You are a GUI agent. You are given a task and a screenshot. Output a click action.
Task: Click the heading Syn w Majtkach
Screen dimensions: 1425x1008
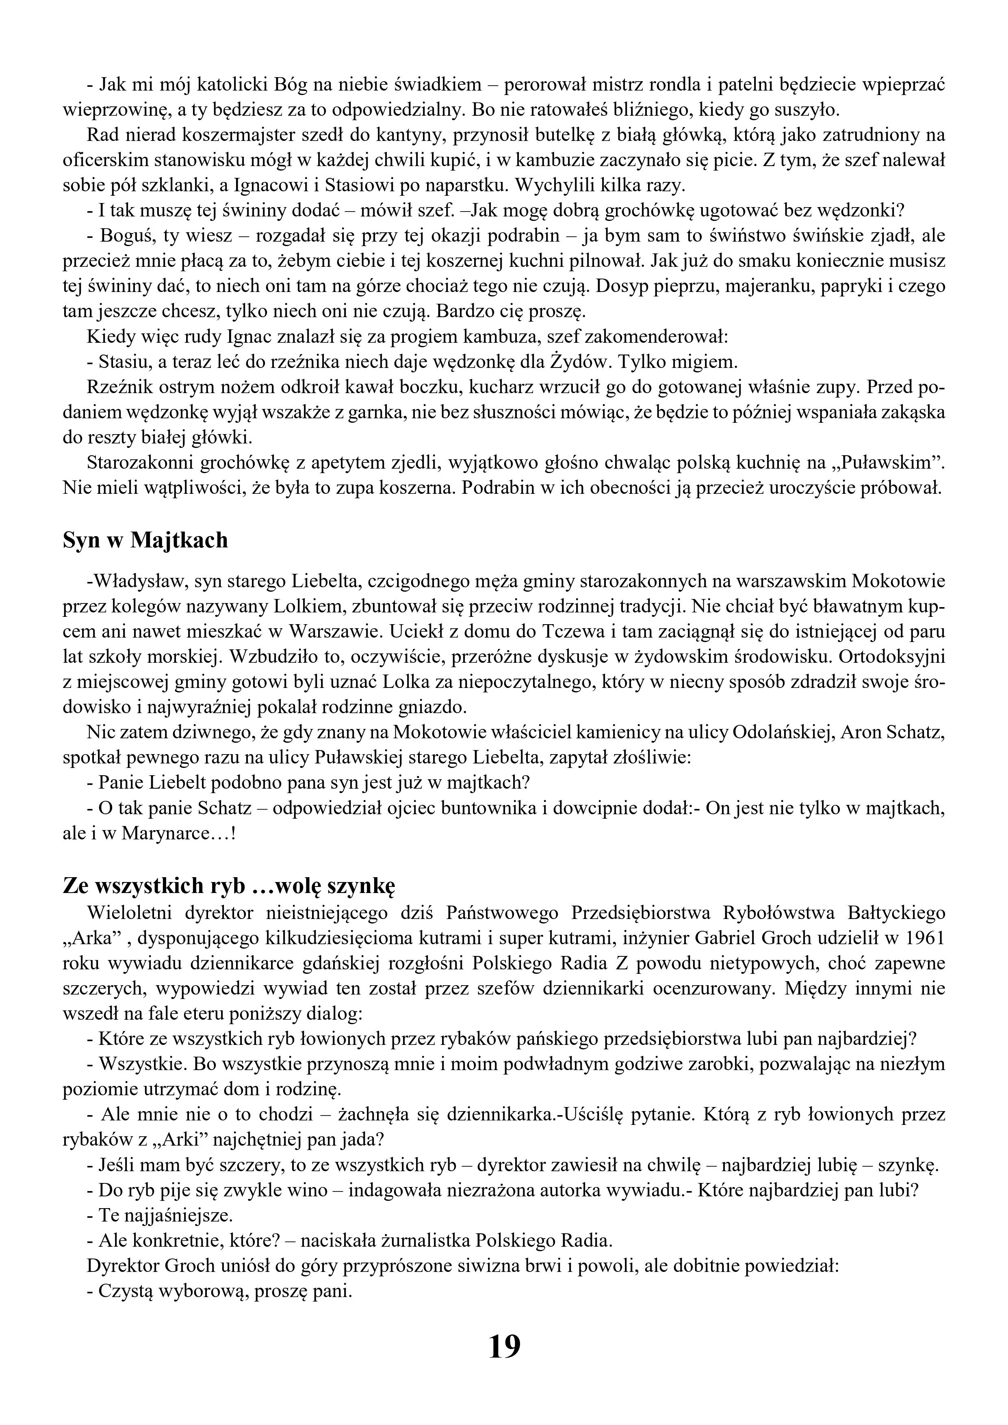pyautogui.click(x=145, y=540)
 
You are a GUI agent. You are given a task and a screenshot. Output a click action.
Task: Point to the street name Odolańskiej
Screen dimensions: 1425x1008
pyautogui.click(x=783, y=732)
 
